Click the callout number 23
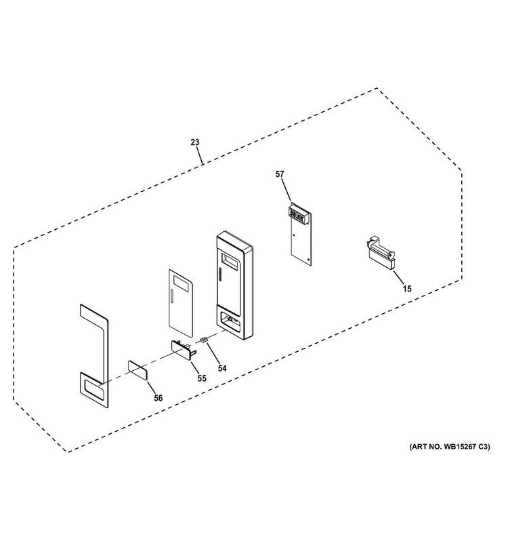pos(195,142)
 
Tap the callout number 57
pos(280,174)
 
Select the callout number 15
pos(407,288)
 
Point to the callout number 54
pos(222,369)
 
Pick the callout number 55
pos(202,378)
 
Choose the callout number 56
pos(158,398)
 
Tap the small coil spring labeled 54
pos(205,340)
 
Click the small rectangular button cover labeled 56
pos(138,370)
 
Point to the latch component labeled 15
pos(380,253)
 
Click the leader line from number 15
pos(400,277)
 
